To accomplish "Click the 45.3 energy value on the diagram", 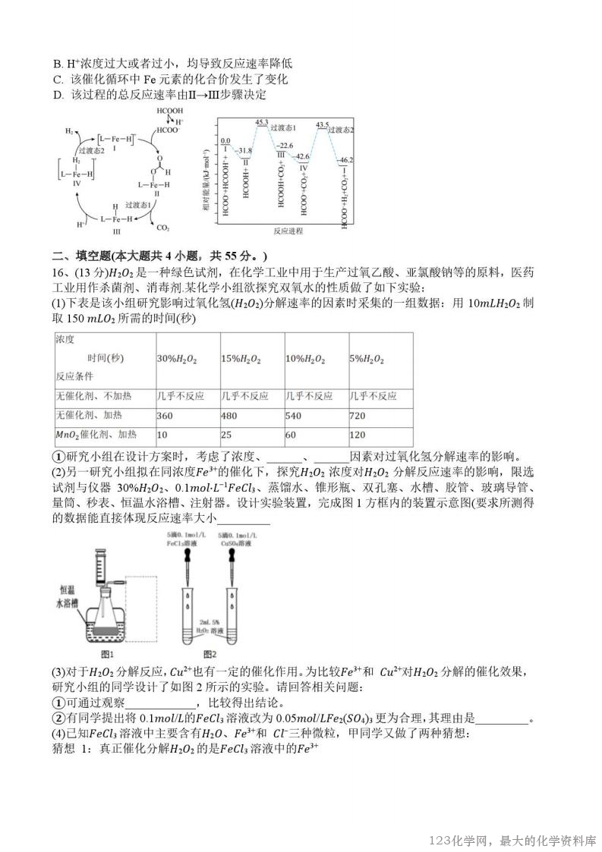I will point(262,122).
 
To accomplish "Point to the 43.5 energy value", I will point(322,124).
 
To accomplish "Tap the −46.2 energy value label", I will point(345,160).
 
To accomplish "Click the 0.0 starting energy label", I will point(225,141).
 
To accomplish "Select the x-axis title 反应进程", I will point(288,230).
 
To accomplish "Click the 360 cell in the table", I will point(165,416).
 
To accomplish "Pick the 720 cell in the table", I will point(358,416).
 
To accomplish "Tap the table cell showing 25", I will point(226,435).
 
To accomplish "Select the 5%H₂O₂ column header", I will point(367,358).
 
